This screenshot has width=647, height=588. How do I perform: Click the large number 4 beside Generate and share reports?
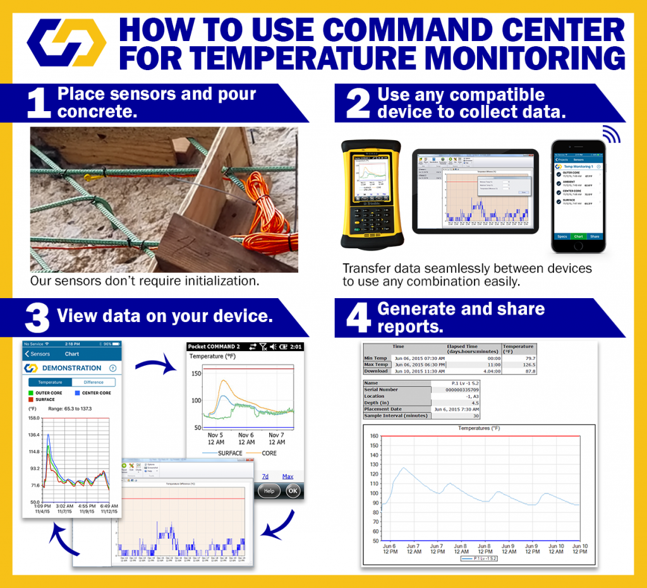pyautogui.click(x=358, y=318)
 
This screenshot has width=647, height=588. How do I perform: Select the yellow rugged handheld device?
pyautogui.click(x=371, y=194)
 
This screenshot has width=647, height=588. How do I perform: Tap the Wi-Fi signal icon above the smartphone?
pyautogui.click(x=610, y=134)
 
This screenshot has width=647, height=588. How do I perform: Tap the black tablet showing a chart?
pyautogui.click(x=475, y=191)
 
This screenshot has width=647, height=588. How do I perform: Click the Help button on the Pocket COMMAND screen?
pyautogui.click(x=268, y=491)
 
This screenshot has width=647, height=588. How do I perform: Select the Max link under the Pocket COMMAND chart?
pyautogui.click(x=287, y=476)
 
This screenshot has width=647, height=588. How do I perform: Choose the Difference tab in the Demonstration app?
pyautogui.click(x=94, y=382)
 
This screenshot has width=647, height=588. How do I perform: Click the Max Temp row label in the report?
pyautogui.click(x=376, y=364)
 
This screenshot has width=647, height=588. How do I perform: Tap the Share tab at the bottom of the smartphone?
pyautogui.click(x=594, y=236)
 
